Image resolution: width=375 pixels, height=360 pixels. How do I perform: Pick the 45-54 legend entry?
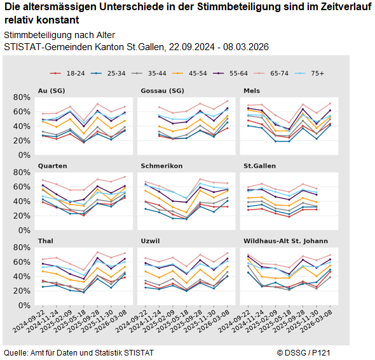tap(188, 74)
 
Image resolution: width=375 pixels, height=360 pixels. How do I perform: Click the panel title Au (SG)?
tap(51, 90)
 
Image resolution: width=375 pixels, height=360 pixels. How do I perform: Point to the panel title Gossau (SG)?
tap(162, 90)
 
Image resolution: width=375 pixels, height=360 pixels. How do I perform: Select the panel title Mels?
tap(252, 90)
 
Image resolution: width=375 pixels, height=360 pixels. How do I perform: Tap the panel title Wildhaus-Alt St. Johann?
tap(286, 241)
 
